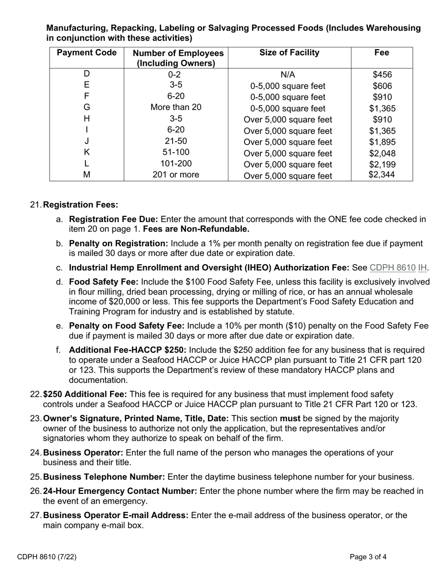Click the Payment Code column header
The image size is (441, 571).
[86, 53]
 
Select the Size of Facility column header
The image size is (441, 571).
[289, 53]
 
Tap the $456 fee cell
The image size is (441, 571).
[382, 75]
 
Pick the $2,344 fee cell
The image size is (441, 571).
[382, 175]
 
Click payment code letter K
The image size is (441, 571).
[86, 152]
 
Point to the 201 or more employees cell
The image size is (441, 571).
[176, 175]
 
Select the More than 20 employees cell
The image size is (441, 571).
[176, 107]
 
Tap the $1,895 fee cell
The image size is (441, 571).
[382, 142]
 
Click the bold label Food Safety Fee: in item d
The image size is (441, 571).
[104, 282]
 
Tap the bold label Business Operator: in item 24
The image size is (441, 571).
[83, 453]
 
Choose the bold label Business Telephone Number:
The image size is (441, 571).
[104, 477]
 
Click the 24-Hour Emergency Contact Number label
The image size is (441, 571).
[120, 491]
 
